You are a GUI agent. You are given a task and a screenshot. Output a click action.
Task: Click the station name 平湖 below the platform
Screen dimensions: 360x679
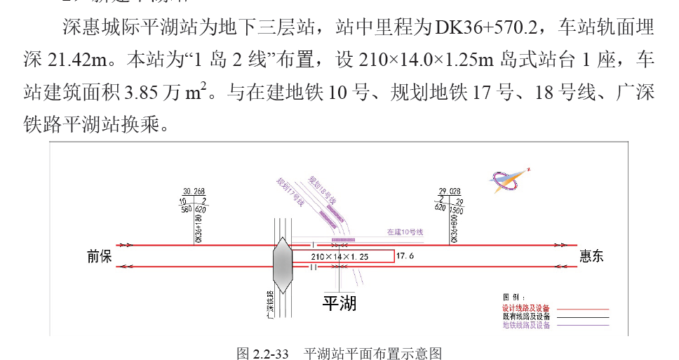339,303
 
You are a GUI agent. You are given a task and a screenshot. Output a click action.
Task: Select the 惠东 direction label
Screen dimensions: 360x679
591,257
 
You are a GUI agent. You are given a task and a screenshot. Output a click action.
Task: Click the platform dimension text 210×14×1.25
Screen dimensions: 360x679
339,257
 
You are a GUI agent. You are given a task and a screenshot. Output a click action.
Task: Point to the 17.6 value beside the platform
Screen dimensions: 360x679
405,257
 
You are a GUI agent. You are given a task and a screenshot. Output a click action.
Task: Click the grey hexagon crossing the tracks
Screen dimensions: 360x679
283,265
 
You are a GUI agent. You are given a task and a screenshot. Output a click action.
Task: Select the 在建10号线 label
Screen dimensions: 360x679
405,232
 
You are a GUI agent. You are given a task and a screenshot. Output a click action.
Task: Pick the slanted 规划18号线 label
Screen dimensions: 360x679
323,190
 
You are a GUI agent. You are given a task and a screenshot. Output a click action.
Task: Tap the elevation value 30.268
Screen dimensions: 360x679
194,191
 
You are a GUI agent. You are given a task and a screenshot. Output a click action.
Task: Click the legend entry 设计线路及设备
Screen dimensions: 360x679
526,308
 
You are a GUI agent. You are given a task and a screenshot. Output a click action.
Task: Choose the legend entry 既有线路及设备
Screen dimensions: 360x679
526,316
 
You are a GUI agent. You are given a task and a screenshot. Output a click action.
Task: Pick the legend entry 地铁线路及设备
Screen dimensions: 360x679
526,325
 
